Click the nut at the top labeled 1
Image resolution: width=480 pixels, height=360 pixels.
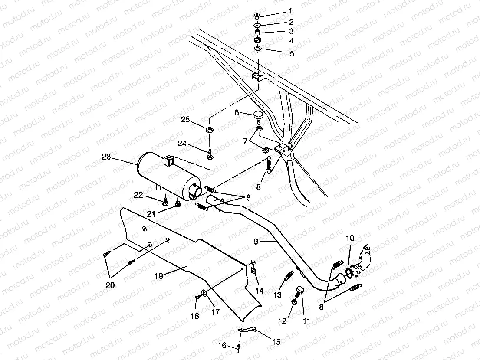pyautogui.click(x=257, y=16)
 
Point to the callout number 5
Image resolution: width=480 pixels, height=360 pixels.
pyautogui.click(x=292, y=54)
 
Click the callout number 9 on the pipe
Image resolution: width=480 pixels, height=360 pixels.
pyautogui.click(x=256, y=242)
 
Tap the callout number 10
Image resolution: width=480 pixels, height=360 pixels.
pyautogui.click(x=350, y=238)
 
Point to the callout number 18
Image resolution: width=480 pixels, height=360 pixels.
pyautogui.click(x=194, y=317)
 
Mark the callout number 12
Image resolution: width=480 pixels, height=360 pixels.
pyautogui.click(x=282, y=321)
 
